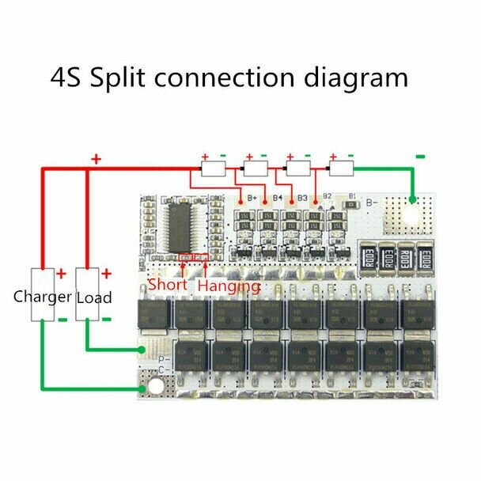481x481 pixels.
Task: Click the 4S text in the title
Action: coord(64,78)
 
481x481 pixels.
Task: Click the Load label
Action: coord(93,297)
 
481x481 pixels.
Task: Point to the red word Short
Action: coord(168,284)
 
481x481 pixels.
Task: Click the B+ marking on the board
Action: coord(253,197)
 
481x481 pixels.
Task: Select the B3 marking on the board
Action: coord(301,197)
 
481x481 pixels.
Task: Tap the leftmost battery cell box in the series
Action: coord(214,168)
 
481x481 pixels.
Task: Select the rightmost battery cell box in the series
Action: coord(341,168)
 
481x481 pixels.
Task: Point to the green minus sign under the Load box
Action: coord(108,319)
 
